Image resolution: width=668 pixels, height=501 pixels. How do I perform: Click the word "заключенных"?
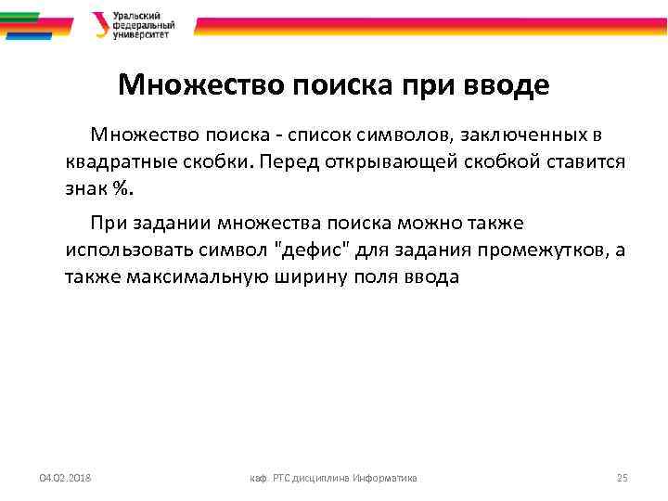(511, 136)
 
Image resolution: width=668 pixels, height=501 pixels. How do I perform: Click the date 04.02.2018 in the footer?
(71, 478)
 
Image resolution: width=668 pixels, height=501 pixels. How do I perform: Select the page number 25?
(622, 478)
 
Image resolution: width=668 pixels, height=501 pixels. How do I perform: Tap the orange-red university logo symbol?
(99, 24)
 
